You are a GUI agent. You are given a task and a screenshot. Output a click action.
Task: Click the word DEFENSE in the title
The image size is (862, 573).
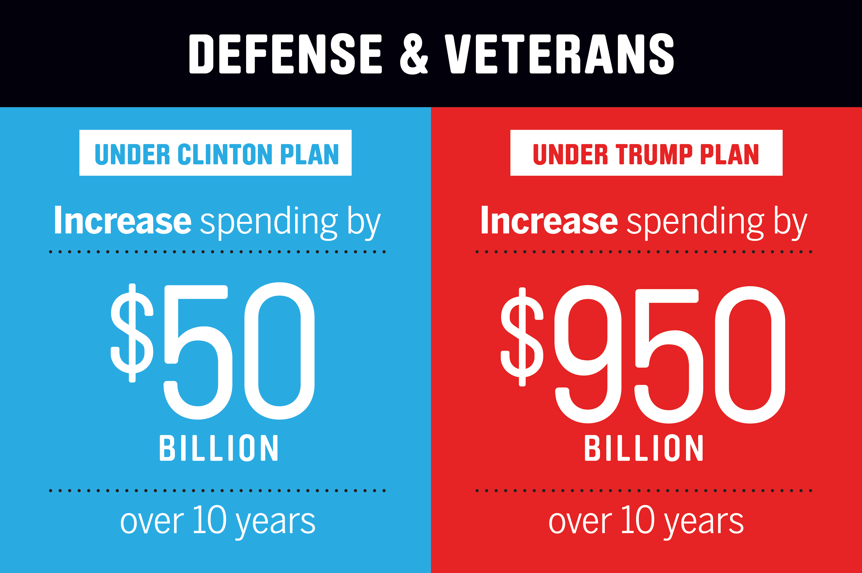[285, 54]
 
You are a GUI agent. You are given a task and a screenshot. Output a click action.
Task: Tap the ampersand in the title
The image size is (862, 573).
[414, 54]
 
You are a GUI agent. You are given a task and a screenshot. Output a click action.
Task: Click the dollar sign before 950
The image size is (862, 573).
[522, 337]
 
